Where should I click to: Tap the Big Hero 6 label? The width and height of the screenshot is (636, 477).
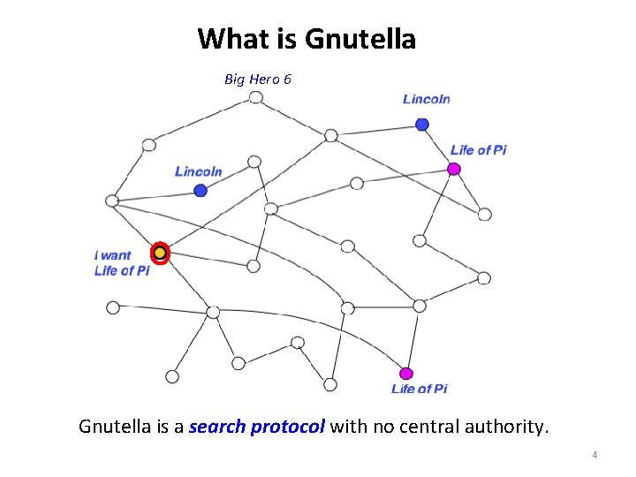tap(258, 79)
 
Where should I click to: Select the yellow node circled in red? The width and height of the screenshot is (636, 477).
tap(160, 254)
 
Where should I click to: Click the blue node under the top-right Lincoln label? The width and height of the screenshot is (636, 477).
tap(422, 125)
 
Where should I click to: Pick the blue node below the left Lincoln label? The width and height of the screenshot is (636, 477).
tap(201, 190)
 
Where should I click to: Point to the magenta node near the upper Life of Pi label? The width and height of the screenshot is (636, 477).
tap(454, 169)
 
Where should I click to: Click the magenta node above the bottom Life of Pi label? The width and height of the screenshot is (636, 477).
tap(406, 373)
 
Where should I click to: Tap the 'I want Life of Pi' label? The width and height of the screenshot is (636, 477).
tap(121, 263)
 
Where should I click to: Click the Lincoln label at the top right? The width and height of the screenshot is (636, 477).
tap(426, 99)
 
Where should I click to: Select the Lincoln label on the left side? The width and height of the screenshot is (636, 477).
tap(198, 171)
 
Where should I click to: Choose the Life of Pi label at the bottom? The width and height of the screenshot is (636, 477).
tap(419, 390)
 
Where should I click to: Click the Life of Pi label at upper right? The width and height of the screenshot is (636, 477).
tap(478, 150)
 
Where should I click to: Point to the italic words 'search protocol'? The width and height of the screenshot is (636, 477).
tap(257, 428)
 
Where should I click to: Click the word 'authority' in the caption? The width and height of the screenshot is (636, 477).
tap(507, 428)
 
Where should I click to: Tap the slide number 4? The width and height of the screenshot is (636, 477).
tap(594, 455)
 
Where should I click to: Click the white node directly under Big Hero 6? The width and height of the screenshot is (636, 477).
tap(255, 97)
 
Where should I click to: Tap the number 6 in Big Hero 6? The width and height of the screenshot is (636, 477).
tap(287, 79)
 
